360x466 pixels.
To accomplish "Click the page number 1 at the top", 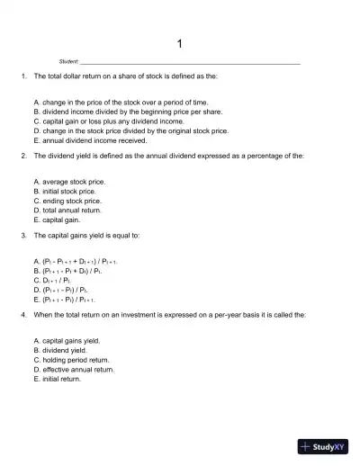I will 180,43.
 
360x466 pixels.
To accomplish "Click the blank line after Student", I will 191,63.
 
